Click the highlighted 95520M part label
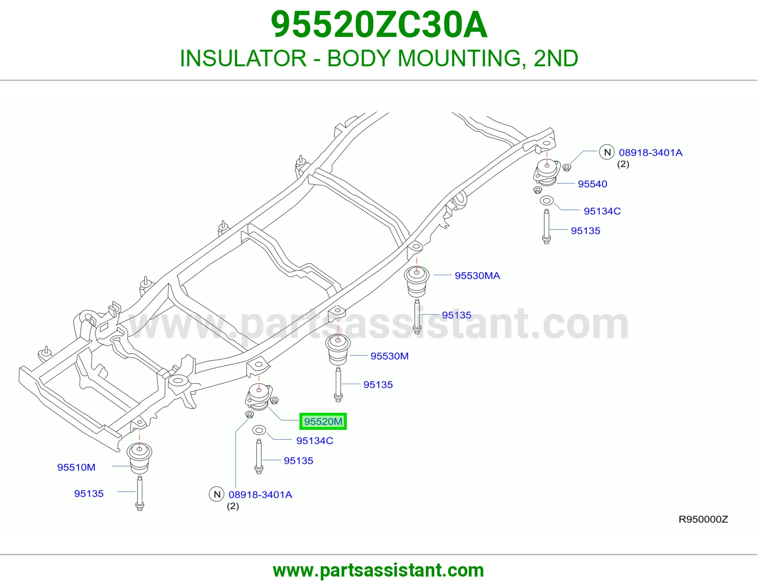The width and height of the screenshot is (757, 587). [323, 421]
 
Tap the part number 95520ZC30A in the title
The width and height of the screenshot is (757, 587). [379, 25]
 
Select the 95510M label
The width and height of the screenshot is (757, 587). [76, 467]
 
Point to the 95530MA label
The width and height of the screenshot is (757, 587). [477, 276]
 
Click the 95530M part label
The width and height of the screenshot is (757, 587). [389, 356]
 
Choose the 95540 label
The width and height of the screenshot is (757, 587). [592, 184]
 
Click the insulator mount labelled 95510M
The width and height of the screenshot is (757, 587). [140, 458]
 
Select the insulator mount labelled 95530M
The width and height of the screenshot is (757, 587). [338, 349]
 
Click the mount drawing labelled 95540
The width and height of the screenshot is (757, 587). [547, 172]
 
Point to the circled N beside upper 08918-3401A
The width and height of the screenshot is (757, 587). [607, 152]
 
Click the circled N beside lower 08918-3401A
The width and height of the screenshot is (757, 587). [217, 494]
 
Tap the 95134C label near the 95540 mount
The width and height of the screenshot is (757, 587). [602, 211]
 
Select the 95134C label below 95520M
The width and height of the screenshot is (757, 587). [315, 441]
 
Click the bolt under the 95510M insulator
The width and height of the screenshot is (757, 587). [140, 493]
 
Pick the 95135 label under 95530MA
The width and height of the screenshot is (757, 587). [457, 315]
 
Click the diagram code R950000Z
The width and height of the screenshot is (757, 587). [704, 519]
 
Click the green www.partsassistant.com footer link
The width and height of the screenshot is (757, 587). [378, 570]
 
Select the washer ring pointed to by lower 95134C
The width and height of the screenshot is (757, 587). [259, 430]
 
